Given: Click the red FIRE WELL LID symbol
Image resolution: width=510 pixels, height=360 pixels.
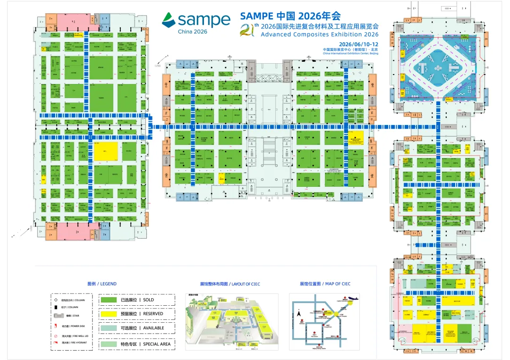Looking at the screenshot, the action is pos(56,335).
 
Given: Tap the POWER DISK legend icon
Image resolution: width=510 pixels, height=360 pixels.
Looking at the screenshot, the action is pos(56,326).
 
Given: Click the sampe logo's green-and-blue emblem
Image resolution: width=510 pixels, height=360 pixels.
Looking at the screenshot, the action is pos(168,20).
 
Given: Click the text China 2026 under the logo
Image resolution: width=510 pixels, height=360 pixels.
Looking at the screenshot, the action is pos(192,32).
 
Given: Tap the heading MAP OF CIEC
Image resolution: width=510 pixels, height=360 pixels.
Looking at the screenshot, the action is pos(325,284).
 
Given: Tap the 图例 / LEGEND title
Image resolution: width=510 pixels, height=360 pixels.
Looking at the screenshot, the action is pos(102,284).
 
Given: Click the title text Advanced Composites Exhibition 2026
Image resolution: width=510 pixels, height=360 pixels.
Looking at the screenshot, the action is pos(319,34).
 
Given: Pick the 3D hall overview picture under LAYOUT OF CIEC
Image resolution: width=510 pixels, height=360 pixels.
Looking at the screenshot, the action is pos(231,322).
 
